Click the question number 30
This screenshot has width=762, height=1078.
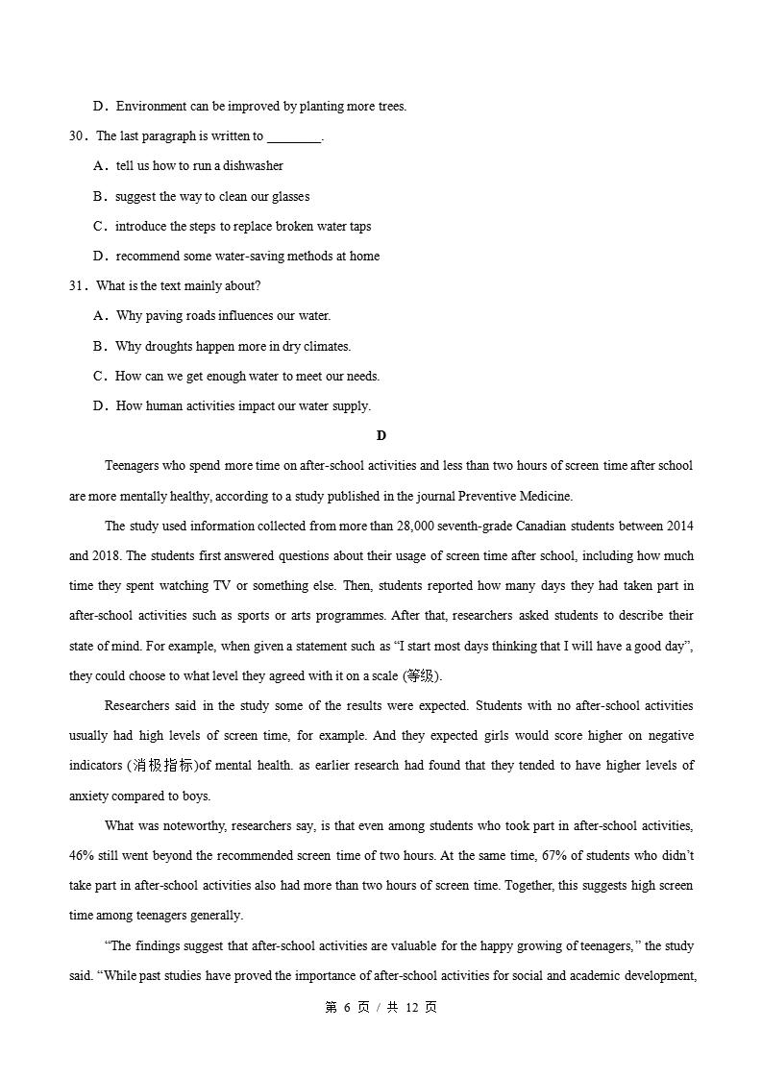77,136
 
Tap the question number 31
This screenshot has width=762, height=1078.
77,286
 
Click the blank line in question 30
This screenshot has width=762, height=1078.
293,137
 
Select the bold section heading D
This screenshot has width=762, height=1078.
381,436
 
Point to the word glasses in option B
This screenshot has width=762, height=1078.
290,197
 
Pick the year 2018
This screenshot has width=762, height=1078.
107,556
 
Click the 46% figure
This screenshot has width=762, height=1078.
82,856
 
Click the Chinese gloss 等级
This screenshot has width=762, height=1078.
416,676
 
